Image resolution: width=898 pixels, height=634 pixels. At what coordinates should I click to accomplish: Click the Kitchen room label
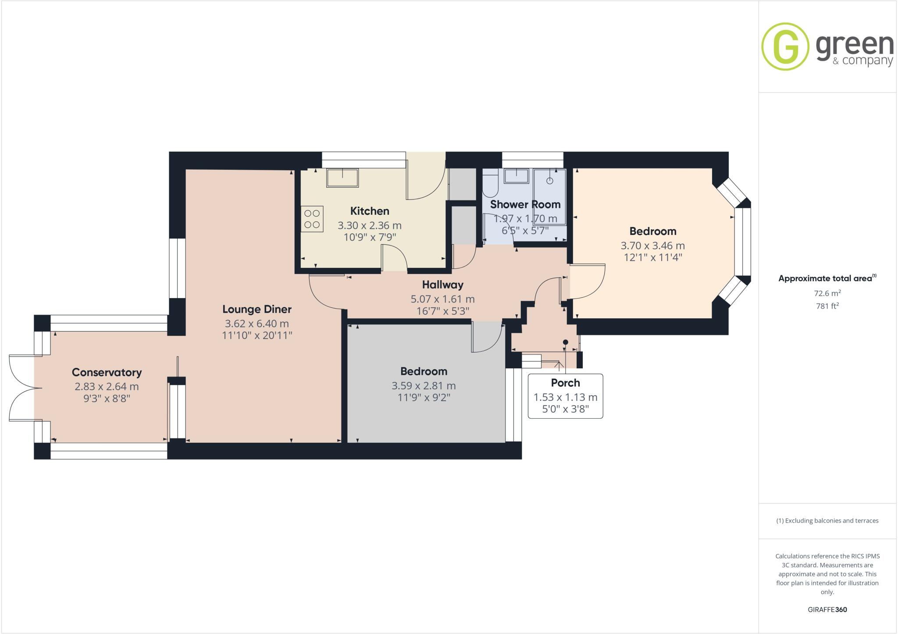[370, 211]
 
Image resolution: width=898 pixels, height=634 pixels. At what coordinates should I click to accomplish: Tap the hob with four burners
[312, 219]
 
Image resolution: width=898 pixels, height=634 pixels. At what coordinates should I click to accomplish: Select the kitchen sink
[342, 178]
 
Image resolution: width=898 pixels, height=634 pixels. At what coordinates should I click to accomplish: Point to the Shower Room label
[525, 204]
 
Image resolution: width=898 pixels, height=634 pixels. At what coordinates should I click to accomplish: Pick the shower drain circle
[550, 181]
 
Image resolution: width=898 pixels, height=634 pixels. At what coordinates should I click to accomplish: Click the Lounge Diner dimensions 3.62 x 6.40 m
[257, 324]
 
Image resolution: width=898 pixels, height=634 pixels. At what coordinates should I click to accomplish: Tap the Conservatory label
[107, 372]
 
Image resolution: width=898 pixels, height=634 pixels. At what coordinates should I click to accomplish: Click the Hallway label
[442, 285]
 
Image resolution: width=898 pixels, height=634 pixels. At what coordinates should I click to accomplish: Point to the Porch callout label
[565, 383]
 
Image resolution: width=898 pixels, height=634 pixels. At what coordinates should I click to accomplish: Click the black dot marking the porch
[566, 342]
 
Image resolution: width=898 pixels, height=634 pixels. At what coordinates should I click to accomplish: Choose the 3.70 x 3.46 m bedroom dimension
[652, 246]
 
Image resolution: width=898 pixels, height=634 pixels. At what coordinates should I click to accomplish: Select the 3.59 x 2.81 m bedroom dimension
[424, 386]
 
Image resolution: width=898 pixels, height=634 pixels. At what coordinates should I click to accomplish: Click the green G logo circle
[785, 46]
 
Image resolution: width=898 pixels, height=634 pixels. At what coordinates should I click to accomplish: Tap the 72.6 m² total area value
[827, 293]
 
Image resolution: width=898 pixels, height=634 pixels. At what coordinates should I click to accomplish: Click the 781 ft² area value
[827, 306]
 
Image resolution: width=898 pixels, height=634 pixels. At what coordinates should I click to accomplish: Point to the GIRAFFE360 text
[827, 609]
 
